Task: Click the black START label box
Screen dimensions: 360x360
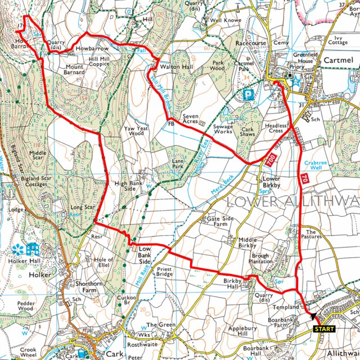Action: (323, 328)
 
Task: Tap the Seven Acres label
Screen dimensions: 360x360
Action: (194, 120)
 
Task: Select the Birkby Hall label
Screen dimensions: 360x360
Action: (232, 283)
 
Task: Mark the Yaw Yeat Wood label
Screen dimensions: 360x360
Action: (136, 132)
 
